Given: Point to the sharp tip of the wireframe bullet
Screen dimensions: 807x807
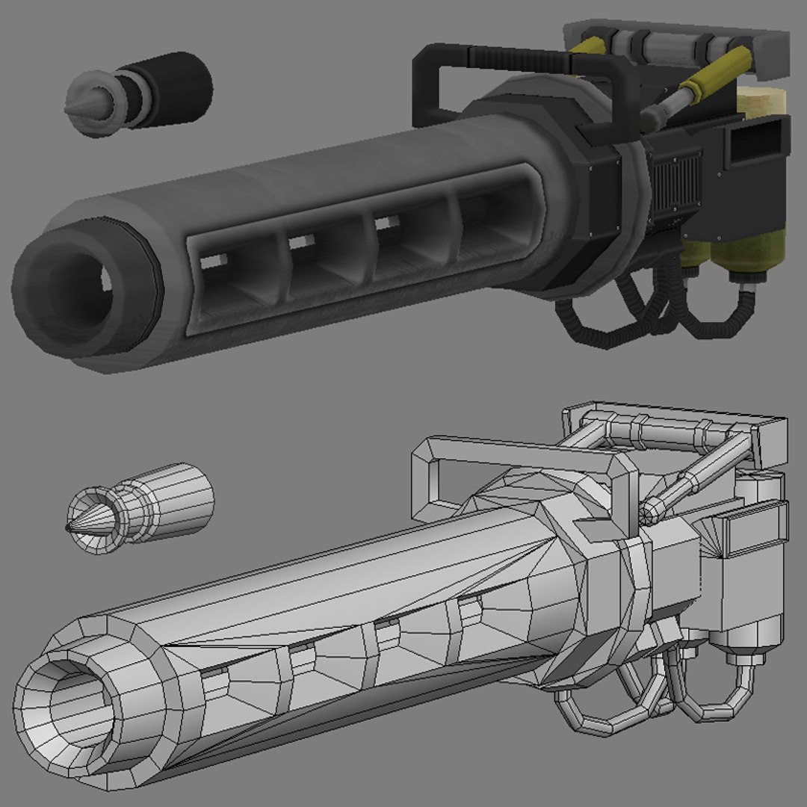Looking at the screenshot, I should [68, 528].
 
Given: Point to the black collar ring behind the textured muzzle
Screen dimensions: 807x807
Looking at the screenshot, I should [149, 291].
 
